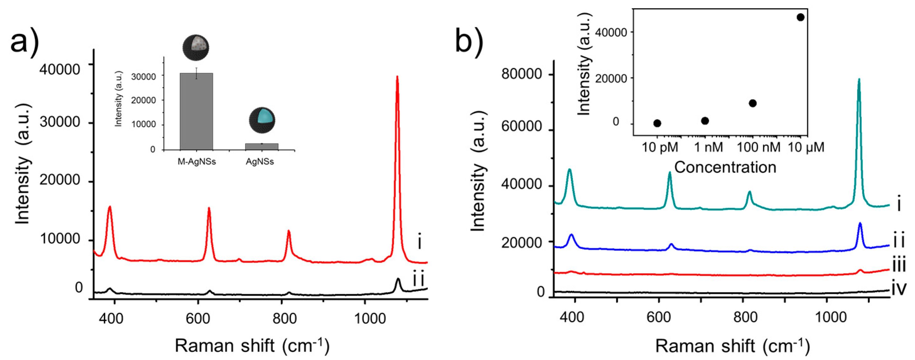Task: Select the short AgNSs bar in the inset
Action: point(262,146)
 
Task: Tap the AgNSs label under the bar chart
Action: point(260,162)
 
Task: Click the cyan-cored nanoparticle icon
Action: point(262,120)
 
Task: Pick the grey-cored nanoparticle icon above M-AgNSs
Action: point(196,48)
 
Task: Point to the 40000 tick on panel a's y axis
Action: point(60,69)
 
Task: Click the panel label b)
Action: point(469,41)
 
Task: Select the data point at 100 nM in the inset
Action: point(753,103)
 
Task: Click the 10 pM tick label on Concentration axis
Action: point(660,147)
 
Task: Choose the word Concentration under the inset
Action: point(725,167)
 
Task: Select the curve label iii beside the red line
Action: point(899,265)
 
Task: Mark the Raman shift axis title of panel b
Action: point(732,346)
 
